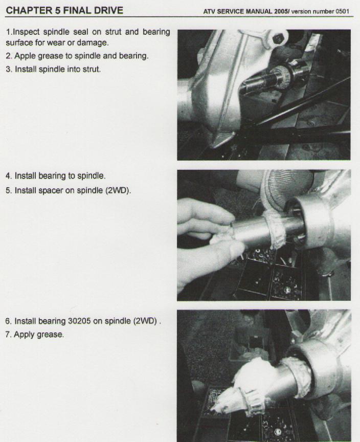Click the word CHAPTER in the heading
[29, 10]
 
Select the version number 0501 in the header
[342, 12]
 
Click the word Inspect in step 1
[26, 32]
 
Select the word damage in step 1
[92, 43]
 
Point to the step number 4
[9, 176]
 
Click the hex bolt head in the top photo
[278, 38]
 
